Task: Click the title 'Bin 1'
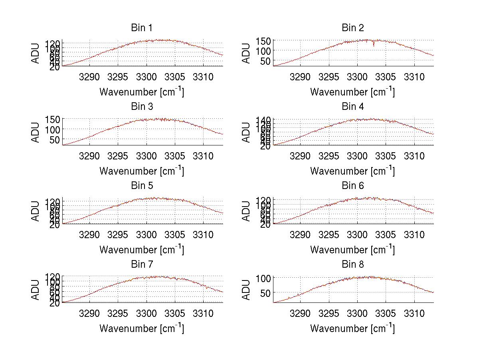click(x=142, y=28)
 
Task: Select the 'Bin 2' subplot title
click(x=352, y=28)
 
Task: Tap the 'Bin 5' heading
click(x=142, y=186)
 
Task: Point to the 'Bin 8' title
click(x=352, y=265)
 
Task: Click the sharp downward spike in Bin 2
click(x=374, y=44)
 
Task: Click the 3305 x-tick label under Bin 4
click(x=385, y=155)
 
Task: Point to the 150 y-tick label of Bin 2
click(x=266, y=41)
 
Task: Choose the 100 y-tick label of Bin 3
click(x=55, y=129)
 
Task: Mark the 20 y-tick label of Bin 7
click(x=55, y=303)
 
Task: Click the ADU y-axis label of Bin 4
click(x=247, y=132)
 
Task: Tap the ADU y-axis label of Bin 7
click(x=36, y=290)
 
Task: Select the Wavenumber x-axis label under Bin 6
click(x=352, y=250)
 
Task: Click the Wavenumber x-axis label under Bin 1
click(x=142, y=92)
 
